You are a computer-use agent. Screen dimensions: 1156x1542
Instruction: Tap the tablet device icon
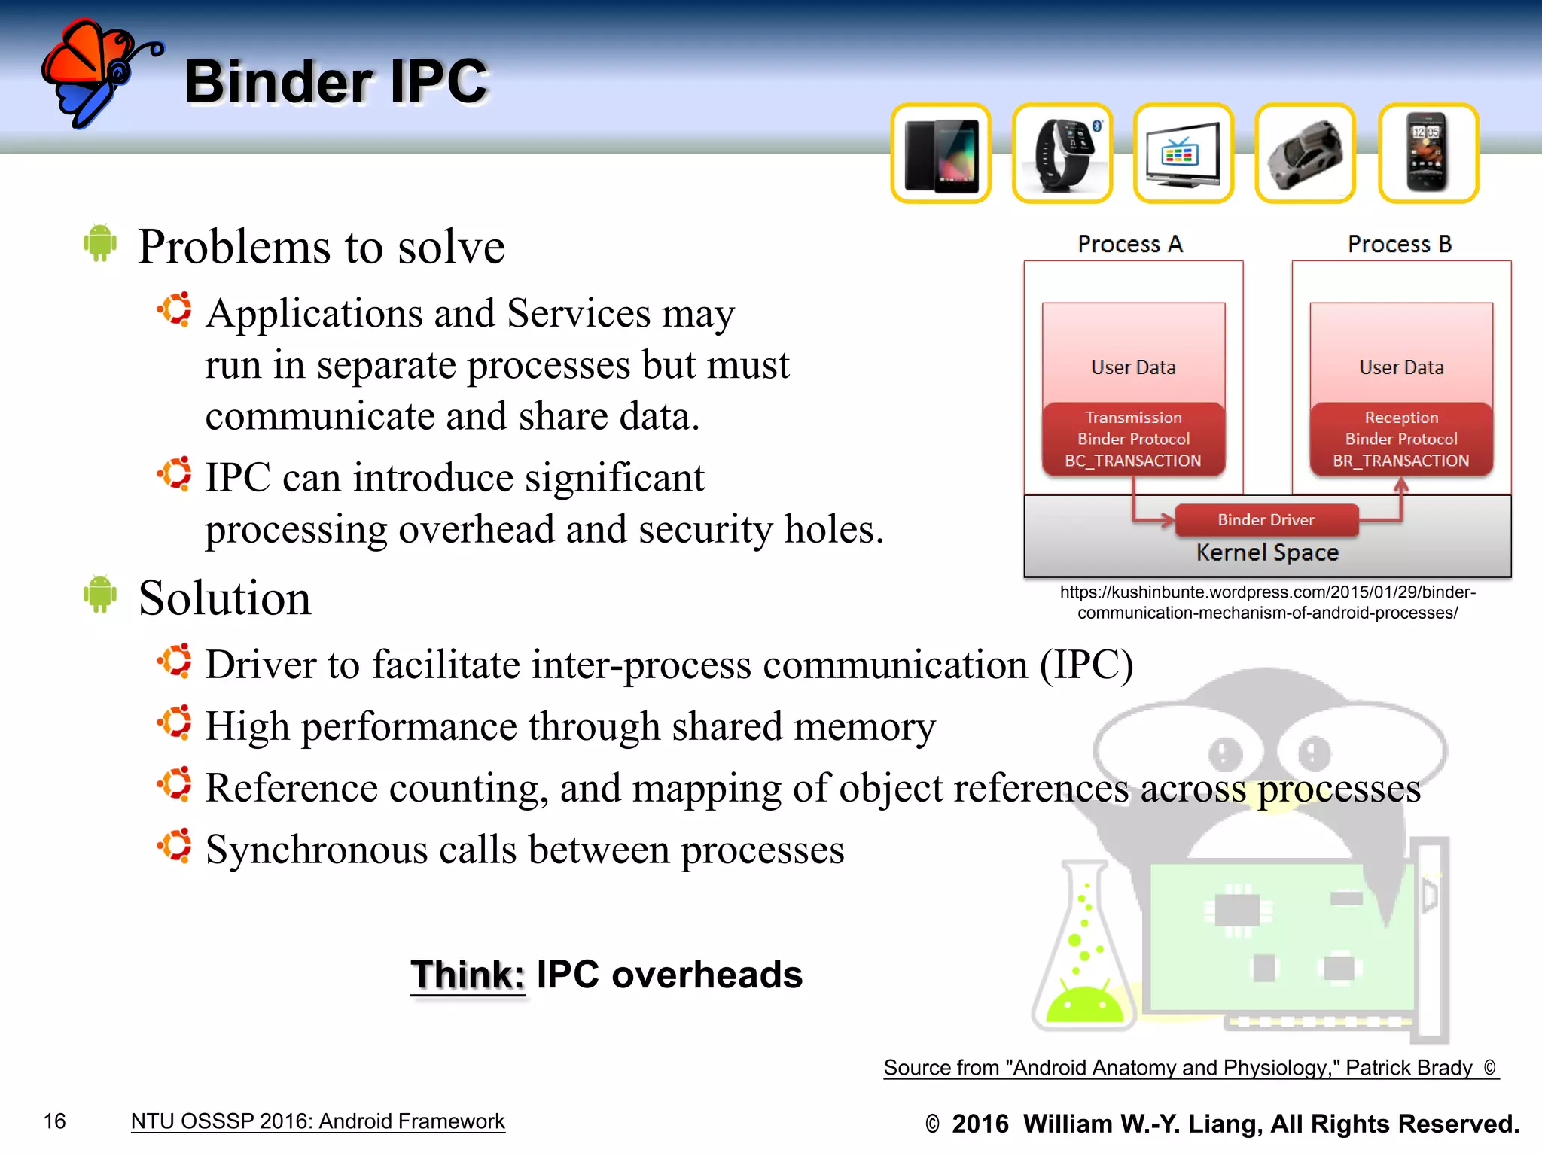pyautogui.click(x=940, y=154)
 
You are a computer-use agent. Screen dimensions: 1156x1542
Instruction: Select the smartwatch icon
pyautogui.click(x=1062, y=154)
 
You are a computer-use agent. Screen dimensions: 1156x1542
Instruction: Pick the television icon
pyautogui.click(x=1184, y=154)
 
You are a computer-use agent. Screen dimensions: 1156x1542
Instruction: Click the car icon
pyautogui.click(x=1306, y=154)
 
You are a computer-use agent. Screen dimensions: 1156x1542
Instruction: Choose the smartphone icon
pyautogui.click(x=1428, y=154)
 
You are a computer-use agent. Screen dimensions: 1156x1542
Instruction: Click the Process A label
pyautogui.click(x=1130, y=244)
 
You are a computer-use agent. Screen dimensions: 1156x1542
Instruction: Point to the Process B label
pyautogui.click(x=1400, y=244)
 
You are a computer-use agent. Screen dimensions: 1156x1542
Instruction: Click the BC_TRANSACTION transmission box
pyautogui.click(x=1133, y=440)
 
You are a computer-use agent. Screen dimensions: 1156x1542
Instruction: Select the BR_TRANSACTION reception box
pyautogui.click(x=1401, y=440)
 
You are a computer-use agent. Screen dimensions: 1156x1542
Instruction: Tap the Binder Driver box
pyautogui.click(x=1266, y=519)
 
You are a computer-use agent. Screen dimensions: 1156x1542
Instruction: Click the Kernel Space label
pyautogui.click(x=1267, y=552)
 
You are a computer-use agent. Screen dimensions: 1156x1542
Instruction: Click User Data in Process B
pyautogui.click(x=1401, y=367)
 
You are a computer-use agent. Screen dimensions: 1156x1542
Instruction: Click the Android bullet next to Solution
pyautogui.click(x=100, y=594)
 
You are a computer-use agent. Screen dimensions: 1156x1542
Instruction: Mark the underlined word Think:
pyautogui.click(x=468, y=975)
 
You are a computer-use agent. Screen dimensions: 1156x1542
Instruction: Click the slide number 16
pyautogui.click(x=55, y=1121)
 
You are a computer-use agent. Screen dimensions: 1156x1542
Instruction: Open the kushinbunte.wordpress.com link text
pyautogui.click(x=1267, y=602)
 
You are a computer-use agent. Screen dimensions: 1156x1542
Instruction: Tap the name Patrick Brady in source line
pyautogui.click(x=1408, y=1068)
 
